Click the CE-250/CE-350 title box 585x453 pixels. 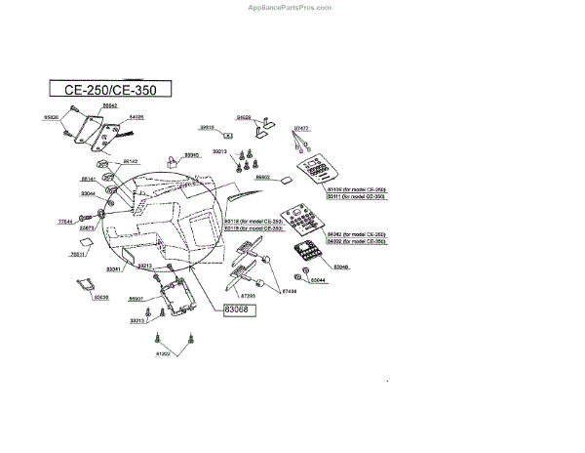point(110,89)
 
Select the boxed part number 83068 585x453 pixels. point(230,309)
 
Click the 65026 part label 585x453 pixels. point(52,117)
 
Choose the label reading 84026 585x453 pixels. point(136,117)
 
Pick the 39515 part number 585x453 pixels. point(207,127)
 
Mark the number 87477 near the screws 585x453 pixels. point(302,128)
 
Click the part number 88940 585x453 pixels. point(192,155)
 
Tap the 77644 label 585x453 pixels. point(66,222)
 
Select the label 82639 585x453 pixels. point(101,297)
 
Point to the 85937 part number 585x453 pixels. point(136,298)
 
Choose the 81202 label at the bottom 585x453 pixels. point(163,354)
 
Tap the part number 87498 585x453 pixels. point(289,290)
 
